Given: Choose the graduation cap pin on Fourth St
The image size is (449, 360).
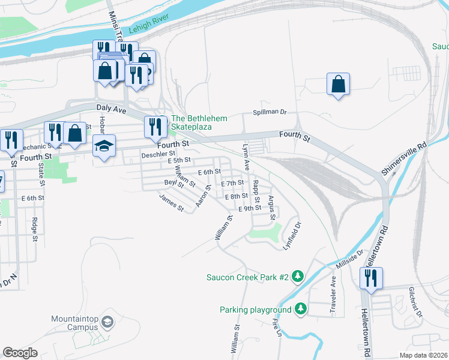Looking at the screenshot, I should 104,146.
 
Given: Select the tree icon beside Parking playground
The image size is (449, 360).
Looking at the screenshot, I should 301,310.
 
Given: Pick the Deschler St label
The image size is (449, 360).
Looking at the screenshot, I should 157,154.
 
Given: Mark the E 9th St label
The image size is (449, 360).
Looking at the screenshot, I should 250,208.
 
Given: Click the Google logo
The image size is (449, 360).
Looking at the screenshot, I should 20,353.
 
